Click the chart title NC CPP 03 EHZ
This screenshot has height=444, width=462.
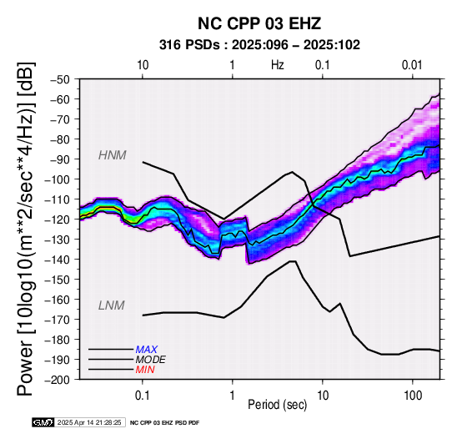(259, 23)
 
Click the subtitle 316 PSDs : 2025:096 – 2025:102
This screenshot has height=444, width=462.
(259, 45)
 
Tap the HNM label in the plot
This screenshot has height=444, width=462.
(113, 155)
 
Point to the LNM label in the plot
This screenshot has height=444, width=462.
(112, 305)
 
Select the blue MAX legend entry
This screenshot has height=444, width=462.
(146, 350)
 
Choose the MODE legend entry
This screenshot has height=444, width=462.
(150, 360)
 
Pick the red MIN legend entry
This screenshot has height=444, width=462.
(145, 370)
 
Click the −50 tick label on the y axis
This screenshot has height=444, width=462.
(60, 79)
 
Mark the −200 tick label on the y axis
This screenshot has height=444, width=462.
(58, 380)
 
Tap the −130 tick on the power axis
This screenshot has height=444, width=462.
(58, 240)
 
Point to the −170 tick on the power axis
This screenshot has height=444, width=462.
(58, 320)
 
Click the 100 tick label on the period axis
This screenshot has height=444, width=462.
(413, 396)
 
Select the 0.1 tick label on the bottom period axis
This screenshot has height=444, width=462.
(143, 396)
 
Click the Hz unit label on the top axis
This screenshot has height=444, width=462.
(278, 65)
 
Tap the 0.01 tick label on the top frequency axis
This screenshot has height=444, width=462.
(412, 65)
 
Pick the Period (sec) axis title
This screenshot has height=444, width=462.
(278, 405)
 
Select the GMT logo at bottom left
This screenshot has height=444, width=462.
(43, 422)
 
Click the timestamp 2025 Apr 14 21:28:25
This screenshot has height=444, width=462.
(89, 422)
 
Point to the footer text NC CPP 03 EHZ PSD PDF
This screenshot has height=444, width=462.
(165, 423)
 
